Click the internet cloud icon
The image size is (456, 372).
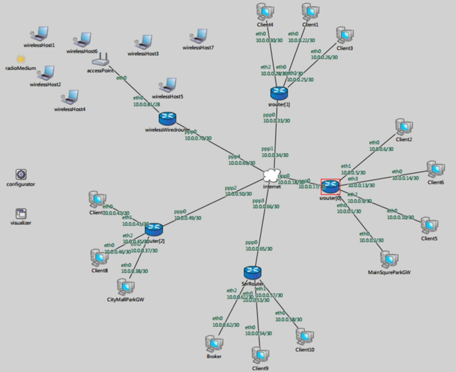[x=271, y=176]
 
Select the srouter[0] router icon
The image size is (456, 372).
[x=330, y=186]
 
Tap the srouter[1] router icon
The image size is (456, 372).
[x=278, y=92]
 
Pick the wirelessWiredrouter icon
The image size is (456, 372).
[x=166, y=118]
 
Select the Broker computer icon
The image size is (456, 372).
[x=214, y=343]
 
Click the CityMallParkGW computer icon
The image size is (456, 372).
[x=125, y=286]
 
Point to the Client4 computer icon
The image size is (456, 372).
[x=265, y=12]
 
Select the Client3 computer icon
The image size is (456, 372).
[x=344, y=35]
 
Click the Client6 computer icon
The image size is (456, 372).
[x=435, y=169]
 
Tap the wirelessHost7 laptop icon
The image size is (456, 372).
[x=198, y=37]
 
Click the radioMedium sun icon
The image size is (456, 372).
[x=21, y=59]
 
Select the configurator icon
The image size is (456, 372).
[x=21, y=174]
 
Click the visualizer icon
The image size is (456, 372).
[x=21, y=214]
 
